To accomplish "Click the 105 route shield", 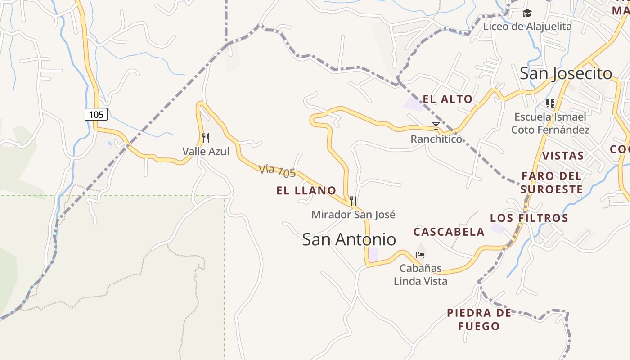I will [x=96, y=114].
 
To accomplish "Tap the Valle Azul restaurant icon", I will [x=206, y=138].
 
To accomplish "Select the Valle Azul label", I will [x=206, y=152].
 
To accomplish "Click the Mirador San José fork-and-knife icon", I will [x=353, y=201].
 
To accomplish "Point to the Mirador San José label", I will [x=353, y=215].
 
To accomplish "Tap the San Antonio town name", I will [x=349, y=239].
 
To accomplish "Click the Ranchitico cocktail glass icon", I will [x=436, y=126].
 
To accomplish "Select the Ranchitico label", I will [x=436, y=139].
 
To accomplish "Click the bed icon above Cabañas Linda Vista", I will [x=420, y=255].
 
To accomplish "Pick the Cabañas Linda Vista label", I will [x=420, y=275].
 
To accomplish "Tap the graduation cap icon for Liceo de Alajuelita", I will [x=527, y=13].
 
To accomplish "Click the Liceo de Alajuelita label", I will [x=527, y=27].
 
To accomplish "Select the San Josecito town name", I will [x=566, y=73].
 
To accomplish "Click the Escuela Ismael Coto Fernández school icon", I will [x=550, y=103].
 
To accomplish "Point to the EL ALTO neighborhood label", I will [x=448, y=99].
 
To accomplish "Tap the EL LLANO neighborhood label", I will [x=306, y=191].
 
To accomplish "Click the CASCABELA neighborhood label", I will [x=449, y=232].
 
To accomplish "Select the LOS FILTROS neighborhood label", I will [x=529, y=218].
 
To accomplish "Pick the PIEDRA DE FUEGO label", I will [x=479, y=319].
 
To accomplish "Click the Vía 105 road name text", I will [x=277, y=171].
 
